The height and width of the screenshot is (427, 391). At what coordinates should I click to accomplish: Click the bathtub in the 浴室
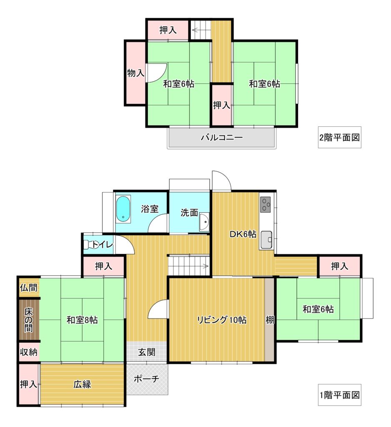[x=123, y=209]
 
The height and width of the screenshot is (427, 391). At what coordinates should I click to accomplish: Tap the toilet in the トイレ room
[x=88, y=244]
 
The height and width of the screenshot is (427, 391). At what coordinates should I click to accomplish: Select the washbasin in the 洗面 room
[x=204, y=222]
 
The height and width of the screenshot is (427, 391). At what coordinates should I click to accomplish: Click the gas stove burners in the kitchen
[x=266, y=204]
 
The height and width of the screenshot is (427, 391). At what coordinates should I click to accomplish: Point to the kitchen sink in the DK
[x=266, y=240]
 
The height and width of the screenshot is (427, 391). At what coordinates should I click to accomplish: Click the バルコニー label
[x=222, y=137]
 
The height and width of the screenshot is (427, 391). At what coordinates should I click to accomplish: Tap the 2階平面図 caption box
[x=340, y=137]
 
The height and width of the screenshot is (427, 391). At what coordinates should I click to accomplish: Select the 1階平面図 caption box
[x=340, y=395]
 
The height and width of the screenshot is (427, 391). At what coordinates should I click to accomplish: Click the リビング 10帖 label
[x=222, y=319]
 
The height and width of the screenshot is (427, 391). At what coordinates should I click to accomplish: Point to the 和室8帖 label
[x=82, y=320]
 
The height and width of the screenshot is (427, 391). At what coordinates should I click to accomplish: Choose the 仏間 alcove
[x=29, y=287]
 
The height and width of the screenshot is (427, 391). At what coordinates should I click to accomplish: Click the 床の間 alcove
[x=29, y=320]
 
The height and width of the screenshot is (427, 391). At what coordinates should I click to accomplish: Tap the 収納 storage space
[x=29, y=352]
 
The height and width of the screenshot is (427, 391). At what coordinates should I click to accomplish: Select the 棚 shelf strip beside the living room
[x=270, y=319]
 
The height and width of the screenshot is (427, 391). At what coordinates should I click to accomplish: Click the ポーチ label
[x=146, y=379]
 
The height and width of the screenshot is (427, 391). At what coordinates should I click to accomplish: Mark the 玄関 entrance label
[x=146, y=352]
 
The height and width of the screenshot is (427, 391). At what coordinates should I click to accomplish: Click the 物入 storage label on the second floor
[x=135, y=73]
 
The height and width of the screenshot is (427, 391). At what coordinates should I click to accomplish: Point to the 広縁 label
[x=82, y=384]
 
